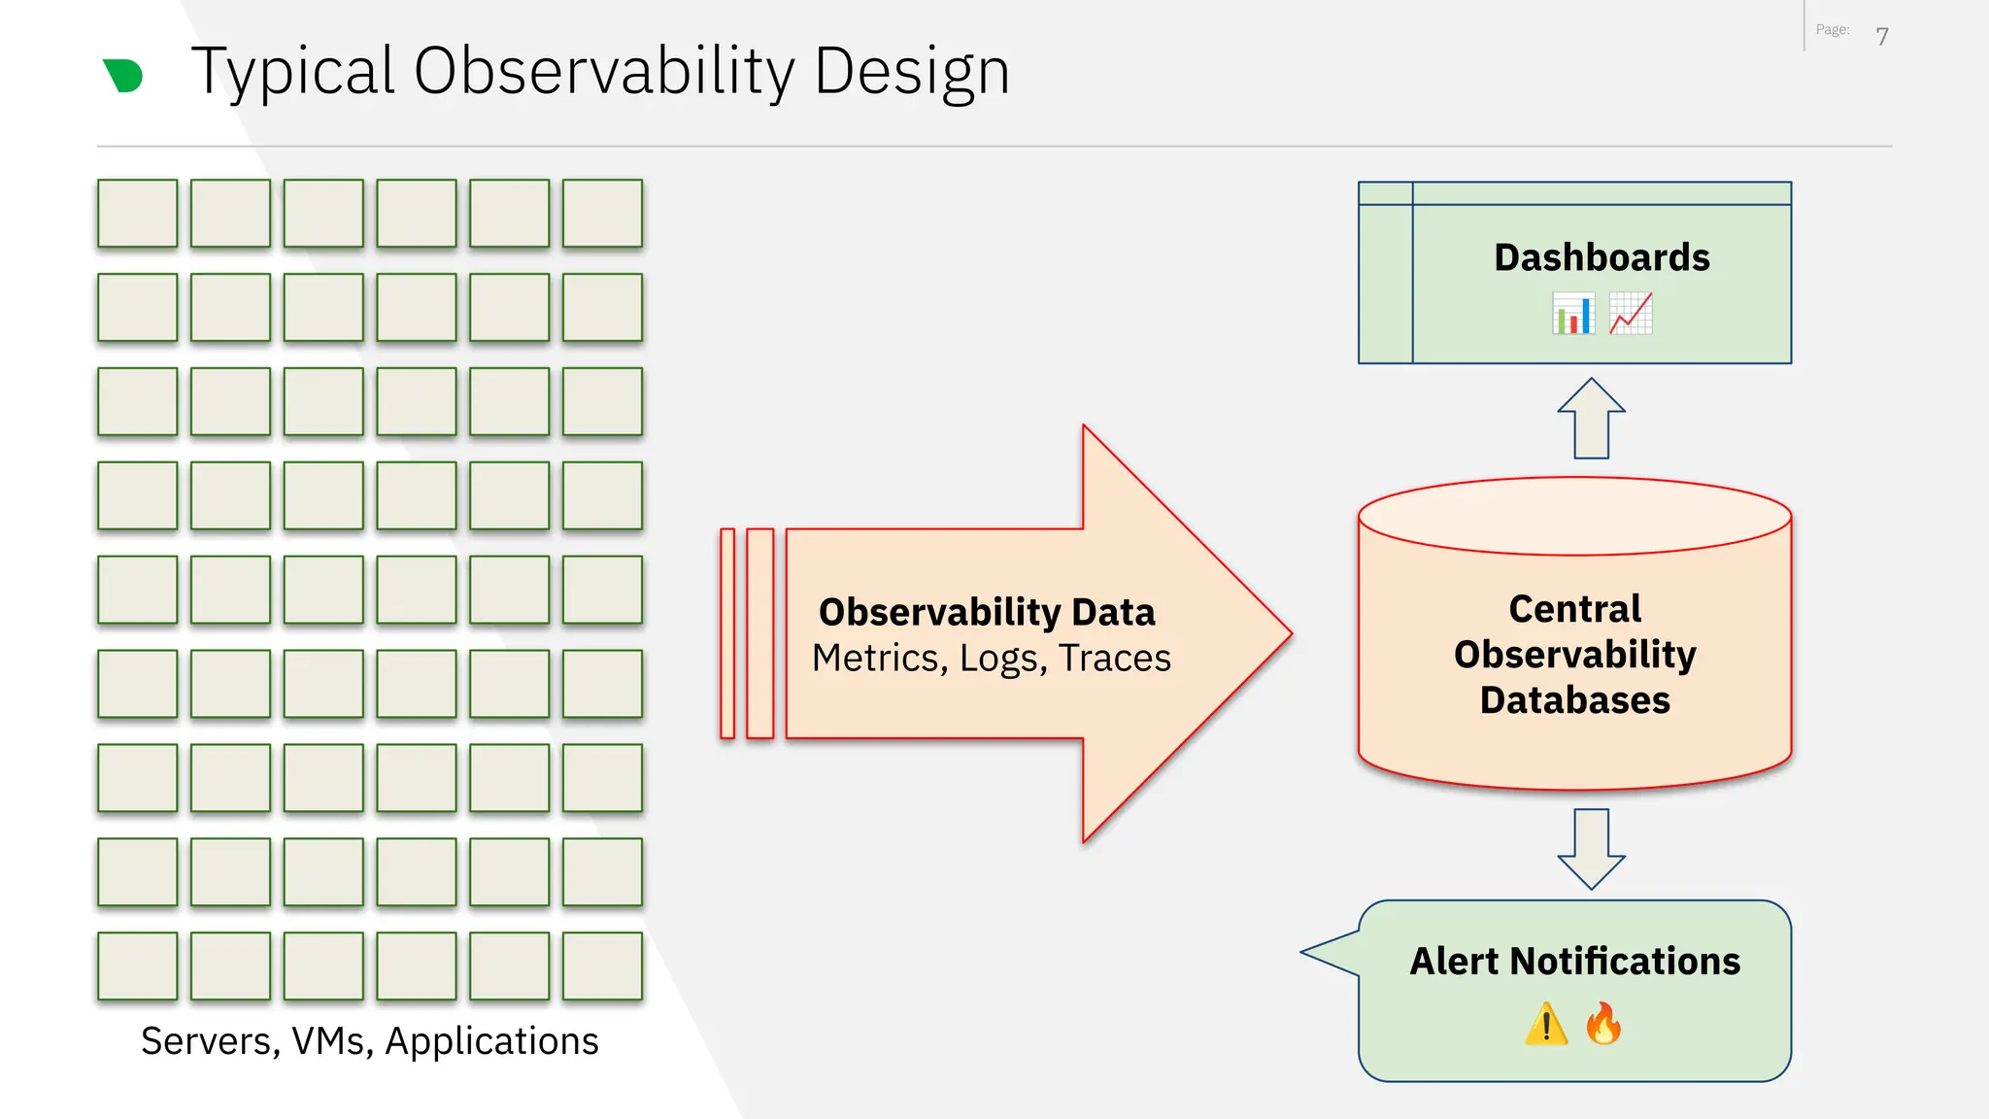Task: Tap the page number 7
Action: (1881, 37)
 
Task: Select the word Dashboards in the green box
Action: (1601, 257)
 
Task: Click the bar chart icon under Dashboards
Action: (1573, 315)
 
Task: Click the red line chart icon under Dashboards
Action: (1631, 314)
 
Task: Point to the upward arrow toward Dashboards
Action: (1591, 419)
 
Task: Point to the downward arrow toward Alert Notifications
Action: (1591, 848)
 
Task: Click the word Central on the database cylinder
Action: (1574, 609)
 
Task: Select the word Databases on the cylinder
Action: (1574, 700)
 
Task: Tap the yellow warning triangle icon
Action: (1546, 1025)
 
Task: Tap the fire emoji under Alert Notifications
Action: (1603, 1024)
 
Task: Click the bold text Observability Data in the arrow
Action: (987, 612)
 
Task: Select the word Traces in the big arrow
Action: (1115, 659)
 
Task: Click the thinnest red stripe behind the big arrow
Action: (727, 633)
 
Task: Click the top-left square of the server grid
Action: (137, 213)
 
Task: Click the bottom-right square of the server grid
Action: (602, 966)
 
